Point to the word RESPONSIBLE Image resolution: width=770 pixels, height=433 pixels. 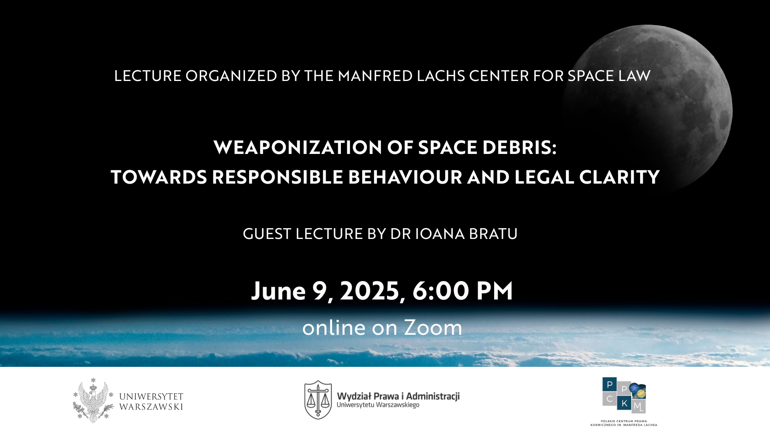point(278,177)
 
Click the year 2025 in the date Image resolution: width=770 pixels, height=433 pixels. point(370,291)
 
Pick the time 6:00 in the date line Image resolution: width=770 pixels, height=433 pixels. point(441,291)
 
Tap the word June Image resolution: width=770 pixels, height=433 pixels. point(279,291)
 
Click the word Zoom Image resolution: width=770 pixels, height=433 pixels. point(433,328)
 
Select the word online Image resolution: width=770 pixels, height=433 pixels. point(334,328)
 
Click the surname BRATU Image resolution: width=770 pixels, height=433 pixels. point(493,234)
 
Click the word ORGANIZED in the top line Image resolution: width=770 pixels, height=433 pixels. point(231,76)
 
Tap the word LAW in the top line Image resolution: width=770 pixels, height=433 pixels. point(634,76)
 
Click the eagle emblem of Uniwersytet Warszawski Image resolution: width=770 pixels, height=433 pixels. point(93,400)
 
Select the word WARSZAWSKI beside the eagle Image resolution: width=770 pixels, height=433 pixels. point(151,407)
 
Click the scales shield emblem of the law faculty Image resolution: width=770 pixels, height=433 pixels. point(318,400)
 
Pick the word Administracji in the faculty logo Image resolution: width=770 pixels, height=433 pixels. point(433,397)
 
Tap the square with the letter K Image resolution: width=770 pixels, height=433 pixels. point(624,403)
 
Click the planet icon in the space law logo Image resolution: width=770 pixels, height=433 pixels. point(638,391)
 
